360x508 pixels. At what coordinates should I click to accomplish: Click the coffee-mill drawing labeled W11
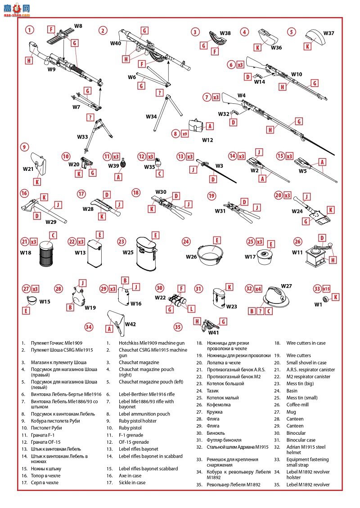320,254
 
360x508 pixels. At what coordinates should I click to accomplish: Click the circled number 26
297,241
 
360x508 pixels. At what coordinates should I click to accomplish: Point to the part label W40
116,43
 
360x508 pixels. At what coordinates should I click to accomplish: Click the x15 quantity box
326,289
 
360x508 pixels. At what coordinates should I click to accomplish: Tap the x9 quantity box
184,134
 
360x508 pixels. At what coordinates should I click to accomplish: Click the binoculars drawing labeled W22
176,303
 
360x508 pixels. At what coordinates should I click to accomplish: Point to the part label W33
82,137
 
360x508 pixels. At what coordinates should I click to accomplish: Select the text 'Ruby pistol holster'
138,421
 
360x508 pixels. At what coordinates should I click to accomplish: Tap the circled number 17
81,194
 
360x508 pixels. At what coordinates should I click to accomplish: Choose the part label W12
207,140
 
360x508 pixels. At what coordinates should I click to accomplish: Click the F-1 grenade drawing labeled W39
123,163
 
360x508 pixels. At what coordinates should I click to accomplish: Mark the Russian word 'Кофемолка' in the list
219,405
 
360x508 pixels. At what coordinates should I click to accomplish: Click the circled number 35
178,327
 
